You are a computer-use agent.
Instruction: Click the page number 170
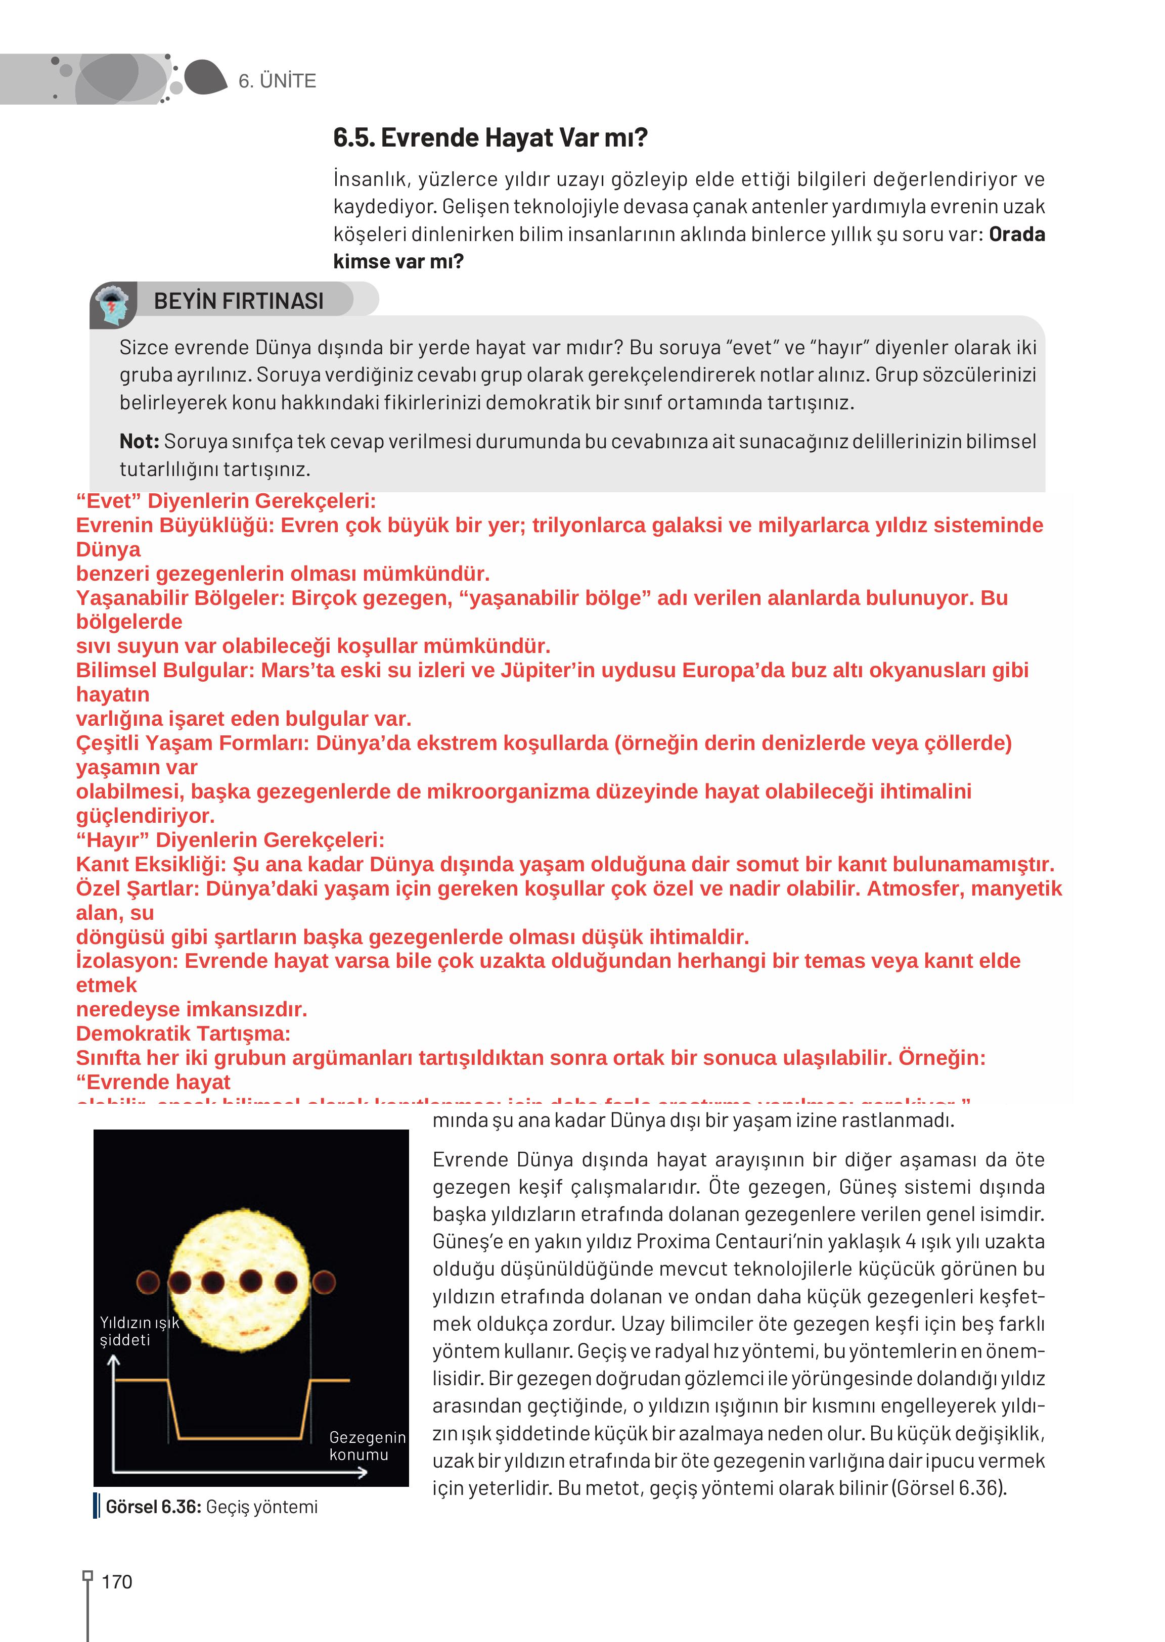point(117,1581)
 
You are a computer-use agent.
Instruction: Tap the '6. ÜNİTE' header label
point(277,81)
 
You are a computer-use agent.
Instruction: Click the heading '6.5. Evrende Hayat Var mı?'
point(490,137)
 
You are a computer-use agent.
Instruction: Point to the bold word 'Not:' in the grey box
point(139,441)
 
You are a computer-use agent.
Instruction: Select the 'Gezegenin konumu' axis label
point(367,1445)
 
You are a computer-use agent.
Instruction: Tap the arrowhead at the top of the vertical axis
point(113,1359)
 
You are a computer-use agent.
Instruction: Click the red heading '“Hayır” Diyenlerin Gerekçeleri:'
point(230,839)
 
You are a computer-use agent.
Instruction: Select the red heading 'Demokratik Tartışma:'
point(183,1033)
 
